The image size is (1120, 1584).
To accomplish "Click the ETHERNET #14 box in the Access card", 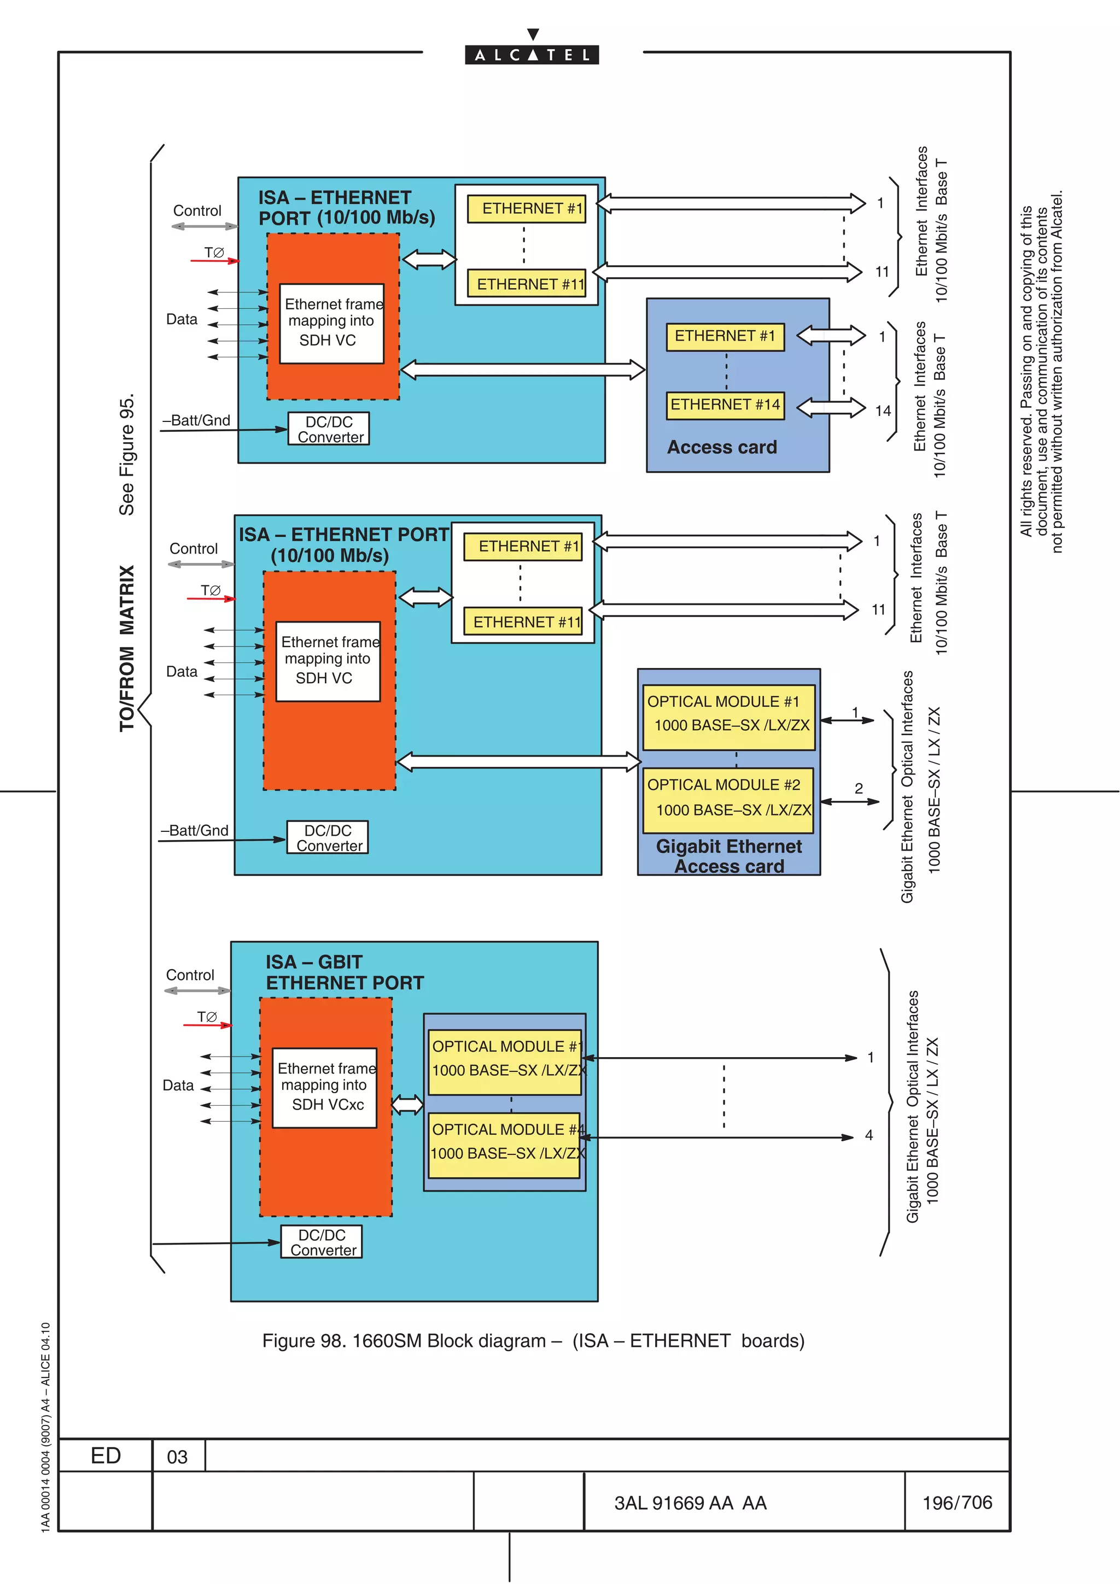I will point(725,405).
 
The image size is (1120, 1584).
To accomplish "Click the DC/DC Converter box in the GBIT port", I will point(322,1242).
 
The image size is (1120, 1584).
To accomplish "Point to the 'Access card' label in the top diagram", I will point(722,447).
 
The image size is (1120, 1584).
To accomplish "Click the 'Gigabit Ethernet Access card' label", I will point(729,856).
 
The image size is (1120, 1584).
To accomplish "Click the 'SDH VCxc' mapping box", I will point(325,1087).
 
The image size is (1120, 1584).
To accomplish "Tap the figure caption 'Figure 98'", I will point(533,1340).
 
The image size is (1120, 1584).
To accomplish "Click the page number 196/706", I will point(956,1502).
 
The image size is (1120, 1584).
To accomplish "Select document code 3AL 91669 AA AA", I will point(690,1503).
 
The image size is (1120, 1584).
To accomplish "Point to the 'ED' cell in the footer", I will point(106,1455).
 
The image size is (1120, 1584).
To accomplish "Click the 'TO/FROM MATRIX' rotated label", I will point(127,648).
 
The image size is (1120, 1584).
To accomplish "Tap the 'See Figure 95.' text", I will point(127,455).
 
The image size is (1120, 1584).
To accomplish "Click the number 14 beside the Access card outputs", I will point(883,411).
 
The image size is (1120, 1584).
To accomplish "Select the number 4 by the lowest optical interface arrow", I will point(869,1135).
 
